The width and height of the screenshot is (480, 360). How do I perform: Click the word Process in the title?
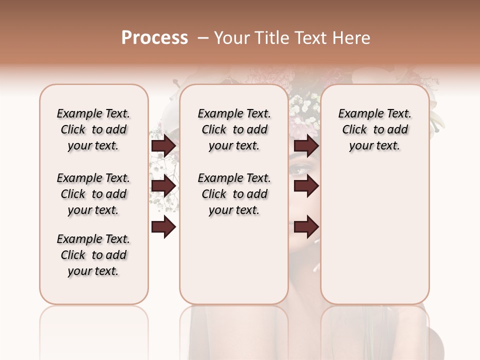[154, 38]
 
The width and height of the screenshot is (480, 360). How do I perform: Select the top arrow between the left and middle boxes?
[163, 146]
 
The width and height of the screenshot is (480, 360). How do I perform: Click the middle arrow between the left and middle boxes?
[163, 186]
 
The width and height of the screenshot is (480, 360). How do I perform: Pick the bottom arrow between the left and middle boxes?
[163, 227]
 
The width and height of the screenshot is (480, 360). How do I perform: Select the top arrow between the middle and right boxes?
[306, 146]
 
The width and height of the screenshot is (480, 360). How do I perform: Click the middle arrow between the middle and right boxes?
[306, 186]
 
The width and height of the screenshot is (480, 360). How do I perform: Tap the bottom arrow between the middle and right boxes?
[306, 227]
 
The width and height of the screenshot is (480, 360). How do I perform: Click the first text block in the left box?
[93, 129]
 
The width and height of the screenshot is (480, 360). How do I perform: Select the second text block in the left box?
[93, 194]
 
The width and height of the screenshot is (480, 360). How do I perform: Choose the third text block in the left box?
[93, 255]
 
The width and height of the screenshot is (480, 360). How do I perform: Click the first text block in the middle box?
[234, 129]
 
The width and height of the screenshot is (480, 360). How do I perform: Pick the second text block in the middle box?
[234, 194]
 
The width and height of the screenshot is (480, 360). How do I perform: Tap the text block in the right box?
[374, 129]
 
